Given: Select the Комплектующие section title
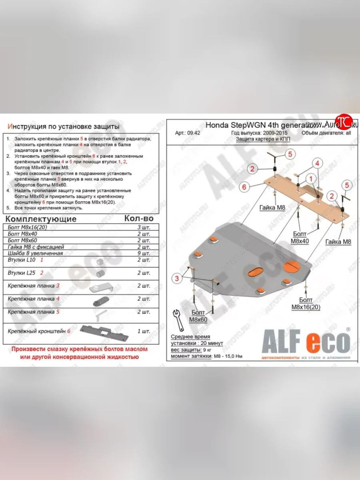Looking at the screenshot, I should coord(41,219).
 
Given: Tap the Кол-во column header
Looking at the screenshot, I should coord(139,218).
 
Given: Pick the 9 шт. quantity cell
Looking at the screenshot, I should coord(144,253).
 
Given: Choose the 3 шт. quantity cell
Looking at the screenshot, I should coord(144,227).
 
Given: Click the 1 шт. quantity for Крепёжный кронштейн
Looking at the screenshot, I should coord(144,331).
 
